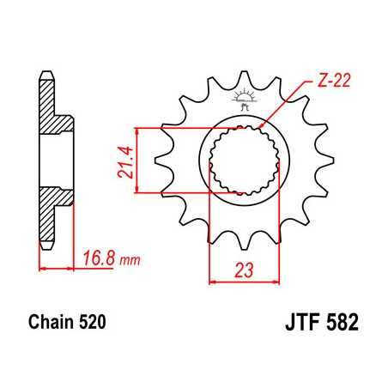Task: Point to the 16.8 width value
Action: (x=100, y=256)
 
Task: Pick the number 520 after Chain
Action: (x=94, y=326)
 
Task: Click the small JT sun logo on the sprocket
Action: (x=242, y=99)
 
